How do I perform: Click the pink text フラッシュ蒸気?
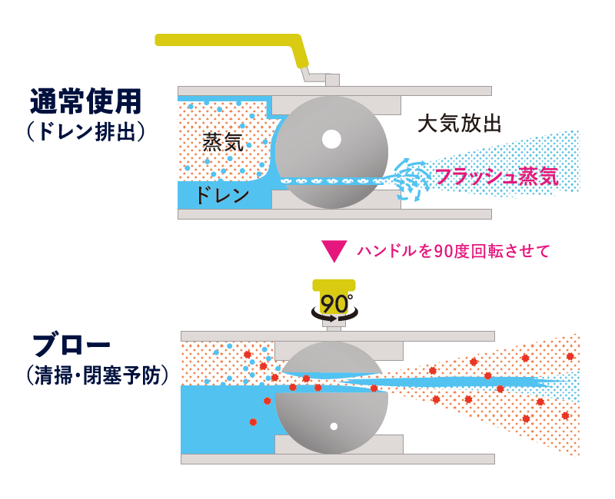click(x=497, y=177)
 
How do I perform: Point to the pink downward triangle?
click(x=335, y=250)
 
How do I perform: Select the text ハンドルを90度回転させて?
click(x=454, y=250)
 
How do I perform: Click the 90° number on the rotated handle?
click(x=335, y=302)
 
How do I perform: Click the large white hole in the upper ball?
click(x=331, y=140)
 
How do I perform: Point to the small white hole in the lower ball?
click(x=334, y=425)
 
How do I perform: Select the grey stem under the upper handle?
click(x=332, y=79)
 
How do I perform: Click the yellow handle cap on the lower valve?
click(x=334, y=286)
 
